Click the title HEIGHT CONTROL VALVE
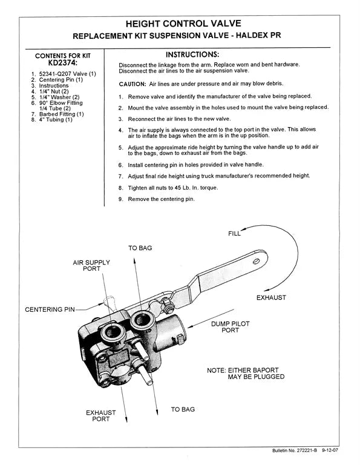pyautogui.click(x=183, y=24)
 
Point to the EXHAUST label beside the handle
pyautogui.click(x=271, y=298)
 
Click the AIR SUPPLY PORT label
pyautogui.click(x=92, y=266)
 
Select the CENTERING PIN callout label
pyautogui.click(x=50, y=309)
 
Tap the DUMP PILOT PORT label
pyautogui.click(x=229, y=327)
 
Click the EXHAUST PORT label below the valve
pyautogui.click(x=101, y=415)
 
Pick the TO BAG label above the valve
pyautogui.click(x=140, y=248)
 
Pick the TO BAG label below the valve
pyautogui.click(x=183, y=409)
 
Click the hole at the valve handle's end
pyautogui.click(x=257, y=261)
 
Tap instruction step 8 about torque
pyautogui.click(x=168, y=188)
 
